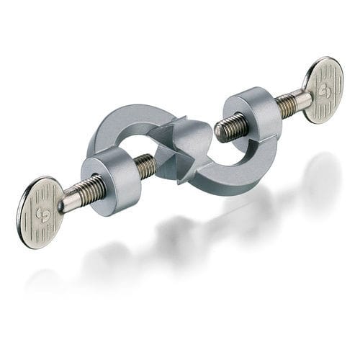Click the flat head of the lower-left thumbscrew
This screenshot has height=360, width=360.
40,212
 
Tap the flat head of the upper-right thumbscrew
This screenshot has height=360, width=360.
323,89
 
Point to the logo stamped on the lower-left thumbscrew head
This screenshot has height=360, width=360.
41,214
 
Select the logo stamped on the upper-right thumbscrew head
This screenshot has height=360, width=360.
323,91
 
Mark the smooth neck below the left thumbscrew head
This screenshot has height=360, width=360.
69,201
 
